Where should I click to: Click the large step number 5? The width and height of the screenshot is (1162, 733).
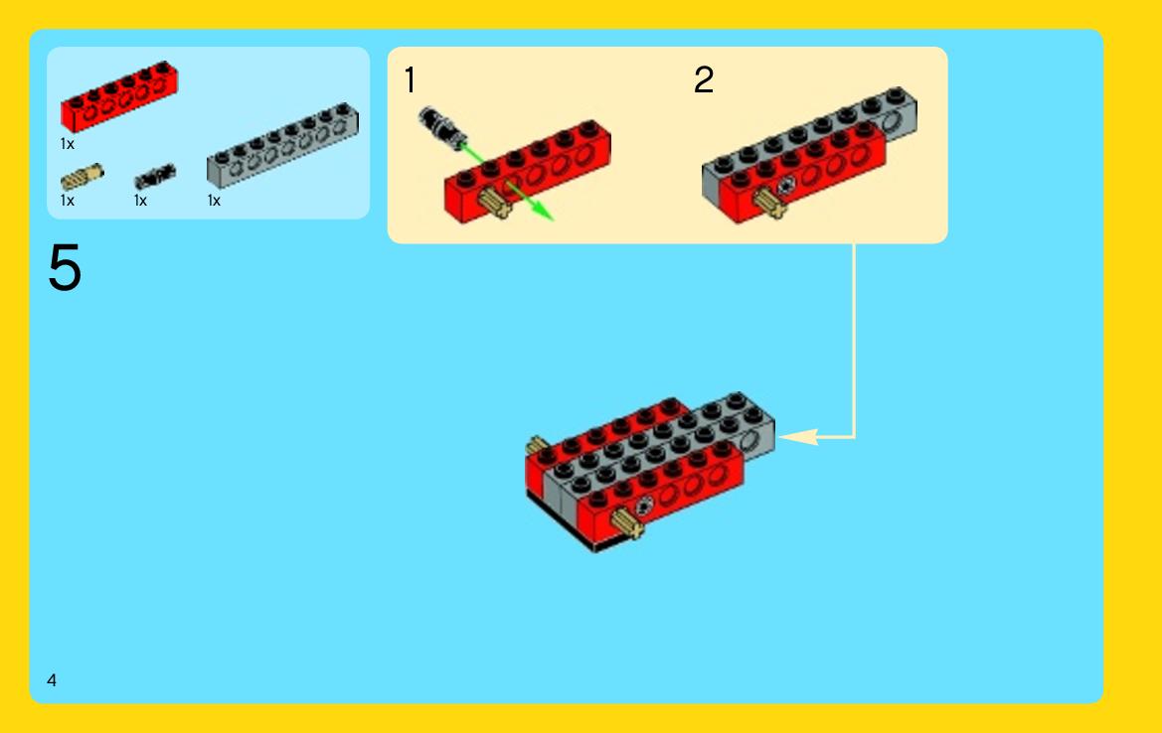65,267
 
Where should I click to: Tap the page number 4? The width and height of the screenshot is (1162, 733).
51,680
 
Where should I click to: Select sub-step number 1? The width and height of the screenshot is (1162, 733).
410,80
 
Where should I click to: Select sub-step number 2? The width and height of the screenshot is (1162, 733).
704,80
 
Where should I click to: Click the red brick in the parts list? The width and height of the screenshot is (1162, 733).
119,96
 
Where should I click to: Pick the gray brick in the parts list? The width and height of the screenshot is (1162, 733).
282,145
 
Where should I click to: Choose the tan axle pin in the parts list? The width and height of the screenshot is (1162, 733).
82,177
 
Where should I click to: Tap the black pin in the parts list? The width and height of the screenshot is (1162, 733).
155,177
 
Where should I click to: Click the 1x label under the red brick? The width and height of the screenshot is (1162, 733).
68,144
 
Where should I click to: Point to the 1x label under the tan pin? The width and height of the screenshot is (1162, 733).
68,201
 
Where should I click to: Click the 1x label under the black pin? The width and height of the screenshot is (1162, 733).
141,201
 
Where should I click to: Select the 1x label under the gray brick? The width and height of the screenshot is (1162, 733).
214,201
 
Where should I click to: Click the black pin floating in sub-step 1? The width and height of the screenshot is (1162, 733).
441,126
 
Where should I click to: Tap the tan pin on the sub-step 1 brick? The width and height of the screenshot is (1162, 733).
494,202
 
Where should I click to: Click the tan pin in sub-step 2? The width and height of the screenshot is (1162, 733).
770,203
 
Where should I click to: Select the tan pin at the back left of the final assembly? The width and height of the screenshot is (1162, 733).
536,446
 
